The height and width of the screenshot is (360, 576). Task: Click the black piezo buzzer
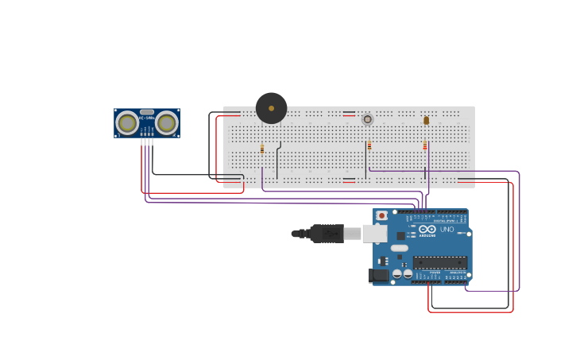click(271, 108)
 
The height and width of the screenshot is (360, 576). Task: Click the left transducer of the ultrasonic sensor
click(127, 122)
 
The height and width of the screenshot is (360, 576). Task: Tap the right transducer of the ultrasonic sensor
click(166, 122)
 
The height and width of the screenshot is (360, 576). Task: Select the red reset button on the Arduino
click(382, 215)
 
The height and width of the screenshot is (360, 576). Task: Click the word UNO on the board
click(447, 230)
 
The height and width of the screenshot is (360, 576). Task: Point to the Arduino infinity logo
click(427, 230)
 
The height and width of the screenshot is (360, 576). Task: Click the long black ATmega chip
click(439, 262)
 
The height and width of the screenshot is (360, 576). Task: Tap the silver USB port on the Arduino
click(374, 234)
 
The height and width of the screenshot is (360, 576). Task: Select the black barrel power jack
click(379, 275)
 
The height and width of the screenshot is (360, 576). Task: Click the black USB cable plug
click(327, 234)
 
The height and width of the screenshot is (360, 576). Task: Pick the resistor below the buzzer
click(262, 149)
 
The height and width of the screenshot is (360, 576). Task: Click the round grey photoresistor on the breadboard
click(367, 119)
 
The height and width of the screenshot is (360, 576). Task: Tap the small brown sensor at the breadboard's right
click(426, 120)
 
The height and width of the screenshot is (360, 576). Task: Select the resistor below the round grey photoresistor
click(369, 145)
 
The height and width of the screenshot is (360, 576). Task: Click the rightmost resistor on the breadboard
click(425, 145)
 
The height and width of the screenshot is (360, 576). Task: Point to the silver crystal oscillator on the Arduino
click(400, 248)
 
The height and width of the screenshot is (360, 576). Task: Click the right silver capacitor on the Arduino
click(408, 273)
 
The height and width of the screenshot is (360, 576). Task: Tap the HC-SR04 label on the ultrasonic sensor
click(147, 118)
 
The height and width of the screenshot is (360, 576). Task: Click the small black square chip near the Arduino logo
click(400, 235)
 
